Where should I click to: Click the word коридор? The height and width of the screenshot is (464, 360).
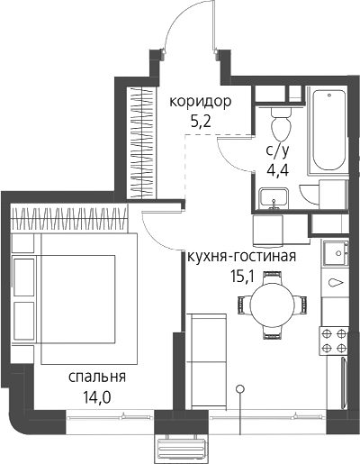(201, 102)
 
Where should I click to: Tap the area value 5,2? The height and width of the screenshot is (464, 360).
(201, 122)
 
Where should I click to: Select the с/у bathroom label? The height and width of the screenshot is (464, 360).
(277, 151)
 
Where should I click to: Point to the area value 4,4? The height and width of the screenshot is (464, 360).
(278, 171)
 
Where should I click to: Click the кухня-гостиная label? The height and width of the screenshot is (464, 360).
(242, 257)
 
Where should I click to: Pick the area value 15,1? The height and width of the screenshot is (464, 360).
(242, 277)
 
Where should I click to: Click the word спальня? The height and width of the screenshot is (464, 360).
(97, 378)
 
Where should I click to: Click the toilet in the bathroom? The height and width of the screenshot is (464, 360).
(281, 123)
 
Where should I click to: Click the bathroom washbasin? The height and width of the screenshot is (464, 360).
(274, 198)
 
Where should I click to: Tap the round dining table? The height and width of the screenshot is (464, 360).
(273, 305)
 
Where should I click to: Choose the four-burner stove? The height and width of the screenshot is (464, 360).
(334, 341)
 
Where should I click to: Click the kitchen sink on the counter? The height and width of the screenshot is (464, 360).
(336, 253)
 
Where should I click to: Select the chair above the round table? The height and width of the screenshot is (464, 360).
(273, 277)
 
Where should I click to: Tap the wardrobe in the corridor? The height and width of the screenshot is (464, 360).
(141, 142)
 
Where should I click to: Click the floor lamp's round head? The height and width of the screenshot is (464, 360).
(239, 389)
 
